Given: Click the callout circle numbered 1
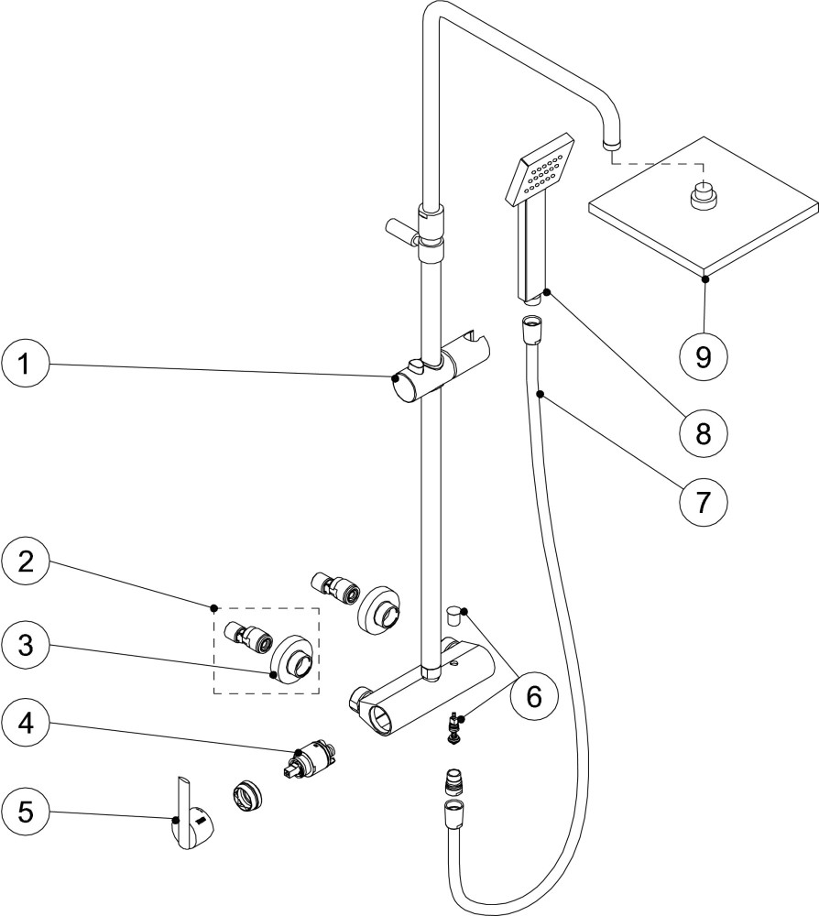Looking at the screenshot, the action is (25, 364).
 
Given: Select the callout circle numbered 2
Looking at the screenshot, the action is (25, 562).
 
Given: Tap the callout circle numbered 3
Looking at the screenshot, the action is (25, 645).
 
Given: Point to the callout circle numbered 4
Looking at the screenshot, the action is (25, 724).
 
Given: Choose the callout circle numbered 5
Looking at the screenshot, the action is (25, 812).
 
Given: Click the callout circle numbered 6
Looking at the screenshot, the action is (533, 696).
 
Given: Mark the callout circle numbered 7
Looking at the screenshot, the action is (704, 501).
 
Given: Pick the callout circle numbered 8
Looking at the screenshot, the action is (704, 433).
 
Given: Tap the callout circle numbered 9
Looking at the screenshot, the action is (704, 355).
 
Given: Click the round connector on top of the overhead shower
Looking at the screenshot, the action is (704, 195).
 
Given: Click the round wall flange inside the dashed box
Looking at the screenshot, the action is (294, 657).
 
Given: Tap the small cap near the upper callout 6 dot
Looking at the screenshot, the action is (453, 616).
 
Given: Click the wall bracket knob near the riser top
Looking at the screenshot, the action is (402, 229).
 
